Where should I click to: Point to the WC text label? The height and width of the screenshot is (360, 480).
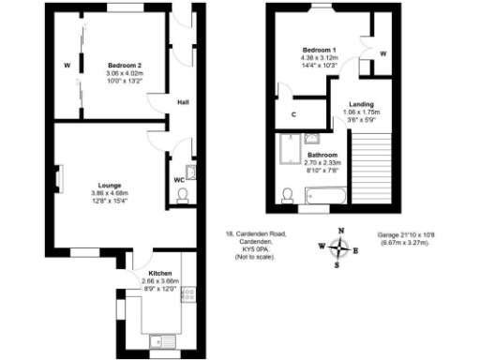tap(179, 179)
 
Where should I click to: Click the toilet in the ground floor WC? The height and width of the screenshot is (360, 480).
tap(185, 196)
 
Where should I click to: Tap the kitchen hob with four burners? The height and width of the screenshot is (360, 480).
tap(186, 294)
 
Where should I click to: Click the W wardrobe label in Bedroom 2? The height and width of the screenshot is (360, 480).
tap(67, 66)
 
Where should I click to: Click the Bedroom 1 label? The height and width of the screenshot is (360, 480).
tap(320, 50)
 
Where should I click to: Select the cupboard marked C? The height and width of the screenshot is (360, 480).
tap(293, 114)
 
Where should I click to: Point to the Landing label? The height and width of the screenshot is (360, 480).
tap(363, 105)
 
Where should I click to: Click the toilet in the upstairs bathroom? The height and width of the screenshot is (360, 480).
tap(289, 196)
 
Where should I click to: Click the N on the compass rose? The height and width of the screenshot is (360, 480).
tap(341, 231)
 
